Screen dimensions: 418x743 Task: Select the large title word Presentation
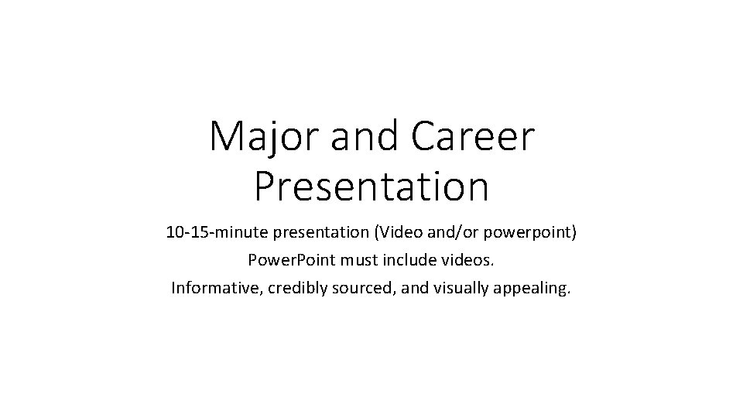click(x=371, y=187)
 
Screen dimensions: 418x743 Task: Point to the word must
click(x=351, y=262)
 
